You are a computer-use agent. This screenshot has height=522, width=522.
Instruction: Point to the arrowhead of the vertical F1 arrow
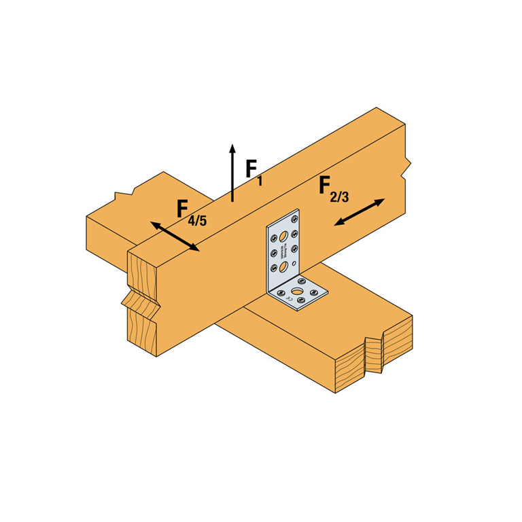[232, 149]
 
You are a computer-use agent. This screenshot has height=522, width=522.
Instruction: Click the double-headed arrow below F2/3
[360, 212]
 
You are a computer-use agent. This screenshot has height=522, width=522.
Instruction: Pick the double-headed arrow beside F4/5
[175, 237]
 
